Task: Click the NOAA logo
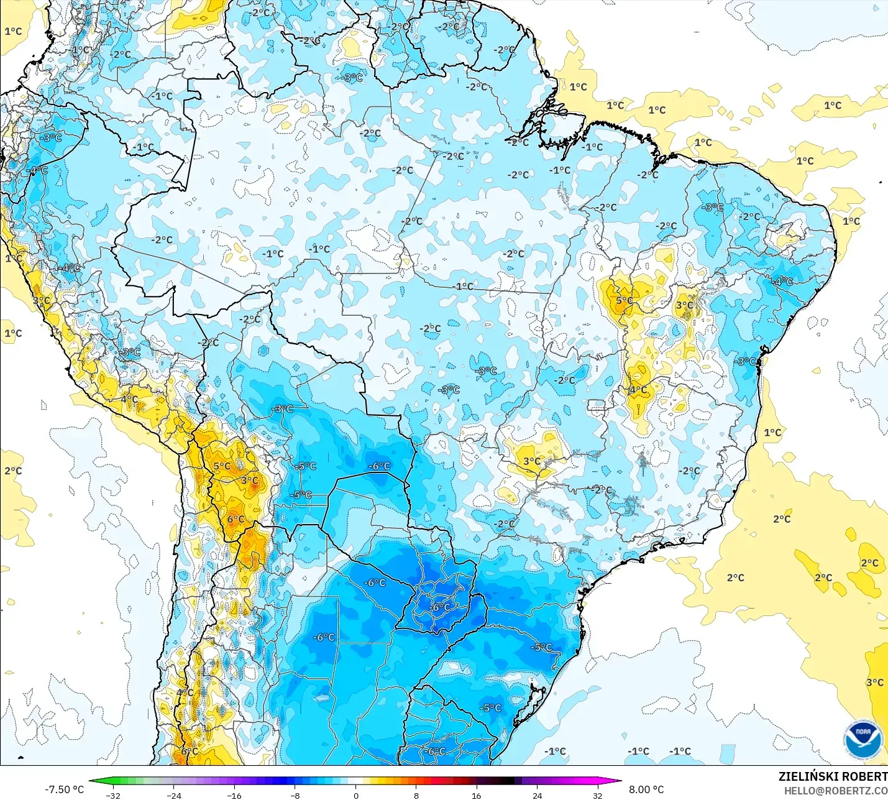click(863, 740)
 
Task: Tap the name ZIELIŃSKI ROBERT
click(833, 776)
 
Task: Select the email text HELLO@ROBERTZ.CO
click(835, 791)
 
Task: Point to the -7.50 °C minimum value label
click(64, 789)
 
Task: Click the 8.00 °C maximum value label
click(646, 789)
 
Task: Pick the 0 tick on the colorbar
click(355, 795)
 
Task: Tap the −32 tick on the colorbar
click(112, 795)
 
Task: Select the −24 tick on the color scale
click(173, 795)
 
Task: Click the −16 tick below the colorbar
click(234, 795)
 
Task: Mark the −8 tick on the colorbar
click(295, 795)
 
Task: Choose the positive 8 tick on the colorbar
click(416, 795)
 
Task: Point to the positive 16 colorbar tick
click(476, 795)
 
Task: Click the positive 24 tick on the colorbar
click(537, 795)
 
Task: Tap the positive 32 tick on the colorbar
click(597, 795)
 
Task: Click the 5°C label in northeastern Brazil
click(624, 300)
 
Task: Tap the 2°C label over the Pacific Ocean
click(13, 471)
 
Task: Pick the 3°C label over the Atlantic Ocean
click(874, 682)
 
